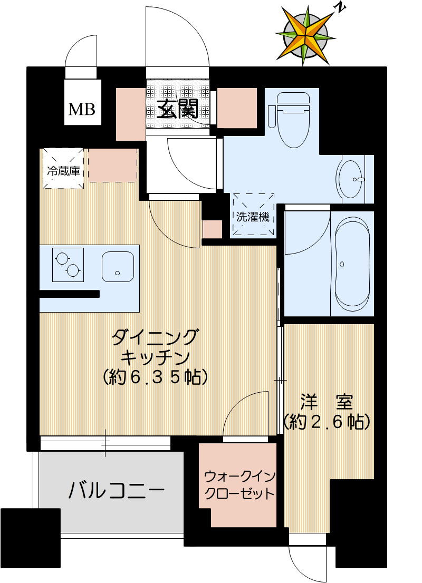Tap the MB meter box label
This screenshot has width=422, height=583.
[82, 109]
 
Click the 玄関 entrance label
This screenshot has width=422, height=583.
[177, 109]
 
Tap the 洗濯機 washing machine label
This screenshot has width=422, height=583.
[253, 217]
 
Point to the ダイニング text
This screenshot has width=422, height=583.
[156, 336]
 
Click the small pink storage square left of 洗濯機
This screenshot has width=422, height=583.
[213, 229]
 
